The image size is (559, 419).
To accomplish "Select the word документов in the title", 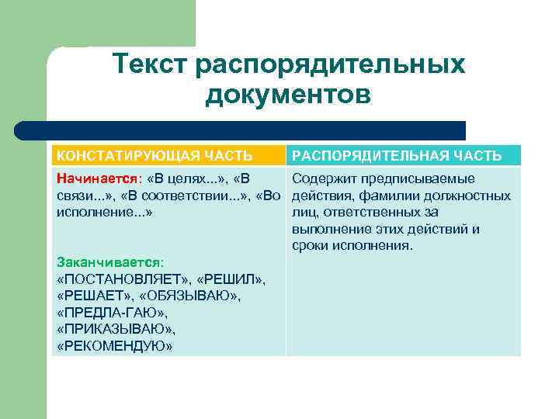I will (x=288, y=97).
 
